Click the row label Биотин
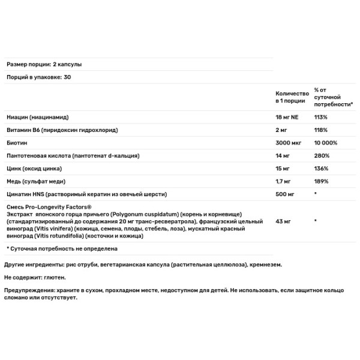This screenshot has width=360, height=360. pos(17,143)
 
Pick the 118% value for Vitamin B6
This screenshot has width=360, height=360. pos(320,130)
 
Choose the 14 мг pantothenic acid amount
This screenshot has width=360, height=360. pos(283,156)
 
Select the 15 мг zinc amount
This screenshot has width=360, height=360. pos(283,169)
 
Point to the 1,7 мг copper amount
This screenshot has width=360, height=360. pos(284,181)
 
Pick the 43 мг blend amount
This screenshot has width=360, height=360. pos(283,221)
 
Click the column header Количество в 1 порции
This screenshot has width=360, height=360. pos(292,98)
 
